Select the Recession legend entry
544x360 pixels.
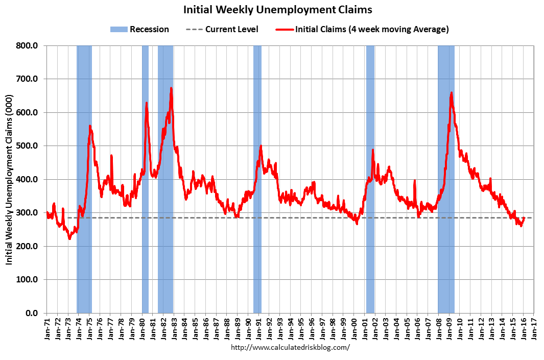point(139,29)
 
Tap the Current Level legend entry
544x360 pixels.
point(223,29)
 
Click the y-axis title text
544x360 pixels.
point(9,179)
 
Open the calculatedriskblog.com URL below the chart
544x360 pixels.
point(291,347)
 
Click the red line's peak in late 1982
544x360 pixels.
point(171,88)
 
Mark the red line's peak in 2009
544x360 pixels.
point(451,92)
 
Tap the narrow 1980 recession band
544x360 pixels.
point(145,179)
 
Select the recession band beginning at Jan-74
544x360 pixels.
point(84,179)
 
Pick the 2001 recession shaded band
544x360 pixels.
point(370,179)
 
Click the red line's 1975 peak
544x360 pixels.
point(90,126)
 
